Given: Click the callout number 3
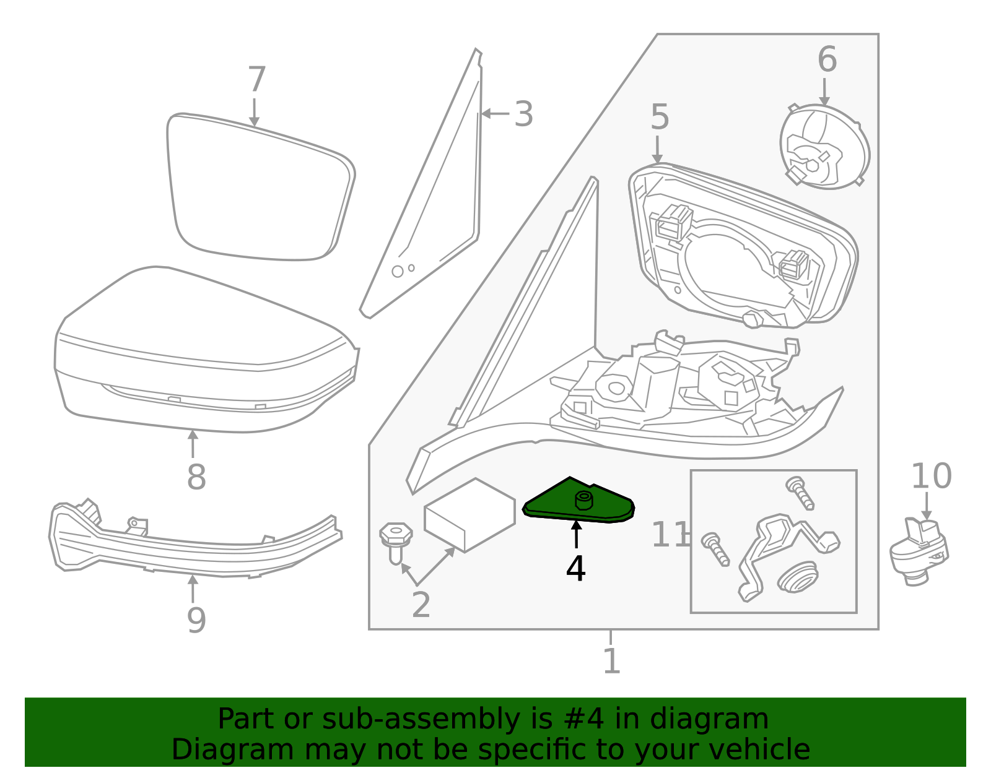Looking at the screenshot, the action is (523, 114).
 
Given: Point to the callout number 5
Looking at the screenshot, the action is (660, 117).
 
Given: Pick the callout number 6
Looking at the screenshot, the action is (827, 59).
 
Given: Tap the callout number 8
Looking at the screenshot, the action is (196, 477).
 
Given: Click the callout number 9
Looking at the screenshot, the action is (196, 620).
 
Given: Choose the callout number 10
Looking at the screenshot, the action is (932, 477).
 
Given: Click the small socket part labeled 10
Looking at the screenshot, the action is (919, 551).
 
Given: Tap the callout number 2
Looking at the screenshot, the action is (421, 605).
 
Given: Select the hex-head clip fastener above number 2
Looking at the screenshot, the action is (396, 542).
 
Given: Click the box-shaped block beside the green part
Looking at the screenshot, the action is (469, 515).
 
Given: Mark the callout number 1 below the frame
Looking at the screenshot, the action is (611, 661).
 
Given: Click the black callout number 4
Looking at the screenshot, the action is (575, 569).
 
